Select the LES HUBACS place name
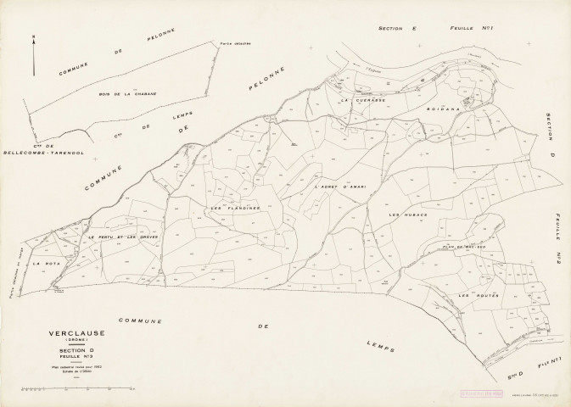tap(406, 216)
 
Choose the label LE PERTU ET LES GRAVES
tap(123, 237)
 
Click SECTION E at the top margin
tap(398, 28)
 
